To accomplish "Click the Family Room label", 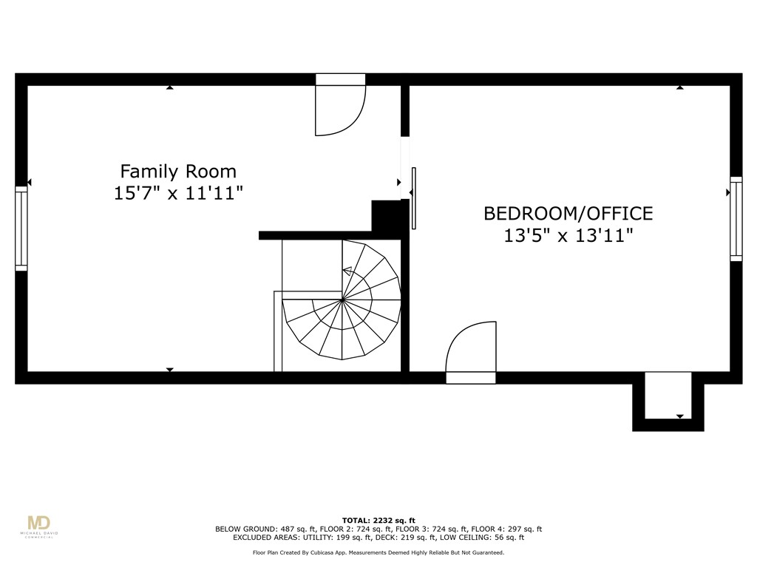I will click(x=178, y=172).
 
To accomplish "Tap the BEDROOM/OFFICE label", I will click(x=568, y=214).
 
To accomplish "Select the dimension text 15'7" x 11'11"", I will click(x=178, y=194).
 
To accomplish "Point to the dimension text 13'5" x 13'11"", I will click(x=568, y=236).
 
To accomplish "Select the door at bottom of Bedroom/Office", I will click(x=471, y=354).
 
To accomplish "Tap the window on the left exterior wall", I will click(x=21, y=228).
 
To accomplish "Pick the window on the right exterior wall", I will click(x=736, y=218).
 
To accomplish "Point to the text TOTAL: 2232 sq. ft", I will click(x=378, y=520).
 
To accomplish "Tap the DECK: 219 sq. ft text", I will click(x=413, y=538).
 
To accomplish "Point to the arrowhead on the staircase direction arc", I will click(x=346, y=271).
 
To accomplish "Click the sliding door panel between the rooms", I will click(x=413, y=198).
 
